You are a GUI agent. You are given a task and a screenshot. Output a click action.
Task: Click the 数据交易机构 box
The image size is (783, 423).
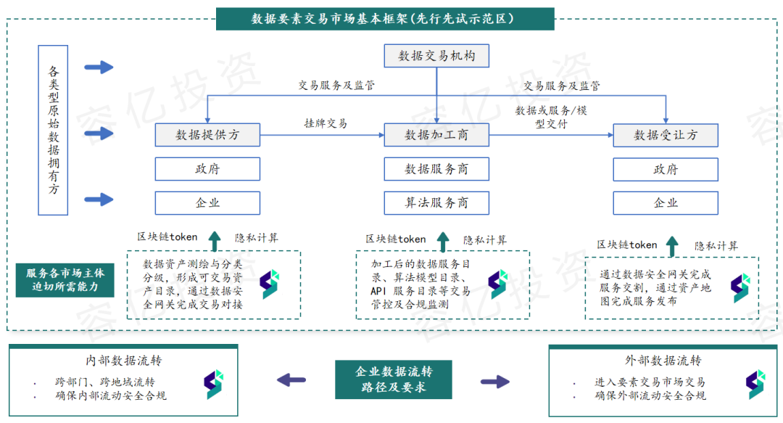coord(436,55)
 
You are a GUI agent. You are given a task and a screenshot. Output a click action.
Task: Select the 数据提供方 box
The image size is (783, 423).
coord(207,135)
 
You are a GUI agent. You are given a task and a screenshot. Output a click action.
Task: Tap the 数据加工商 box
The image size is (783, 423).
coord(436,135)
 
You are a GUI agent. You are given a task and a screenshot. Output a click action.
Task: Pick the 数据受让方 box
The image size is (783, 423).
coord(666,135)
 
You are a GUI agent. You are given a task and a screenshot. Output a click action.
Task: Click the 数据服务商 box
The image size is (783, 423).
coord(436,169)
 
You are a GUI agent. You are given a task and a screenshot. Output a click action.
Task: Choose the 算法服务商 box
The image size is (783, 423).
coord(436,203)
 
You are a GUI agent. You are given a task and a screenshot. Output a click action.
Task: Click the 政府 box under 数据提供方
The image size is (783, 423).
coord(207,169)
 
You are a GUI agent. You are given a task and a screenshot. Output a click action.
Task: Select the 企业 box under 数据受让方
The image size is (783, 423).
coord(666,203)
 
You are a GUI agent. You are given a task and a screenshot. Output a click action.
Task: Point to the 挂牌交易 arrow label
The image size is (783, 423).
coord(326,123)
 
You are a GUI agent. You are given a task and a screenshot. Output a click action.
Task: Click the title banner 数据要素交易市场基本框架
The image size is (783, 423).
coord(384,19)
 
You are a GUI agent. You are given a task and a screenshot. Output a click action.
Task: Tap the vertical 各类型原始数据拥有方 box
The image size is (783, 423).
coord(54,130)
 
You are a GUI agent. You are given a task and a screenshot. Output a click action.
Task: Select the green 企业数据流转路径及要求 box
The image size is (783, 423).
coord(394,379)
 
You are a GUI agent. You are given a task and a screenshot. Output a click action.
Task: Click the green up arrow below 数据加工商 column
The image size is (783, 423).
coord(443,241)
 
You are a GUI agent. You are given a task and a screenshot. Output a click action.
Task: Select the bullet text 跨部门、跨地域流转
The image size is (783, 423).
coord(104,382)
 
